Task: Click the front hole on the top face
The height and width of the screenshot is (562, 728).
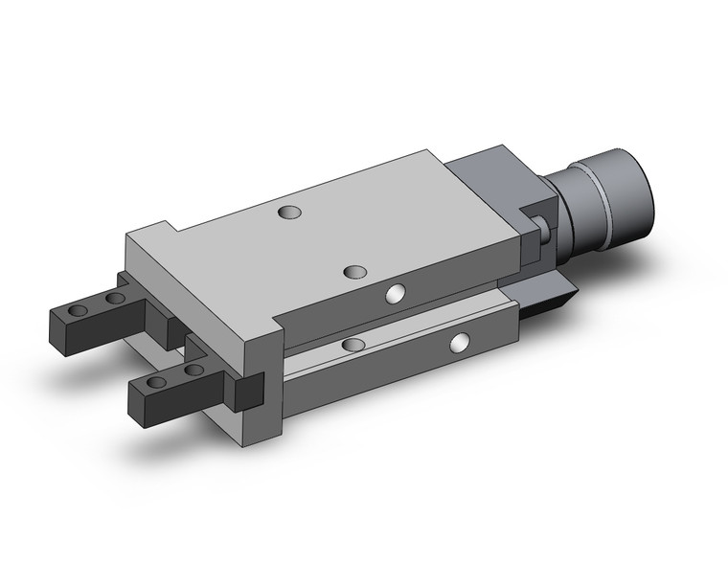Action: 356,272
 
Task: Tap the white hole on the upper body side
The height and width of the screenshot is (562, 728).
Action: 393,294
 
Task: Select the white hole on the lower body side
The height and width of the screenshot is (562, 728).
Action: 462,340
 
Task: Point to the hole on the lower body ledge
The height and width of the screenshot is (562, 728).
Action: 353,344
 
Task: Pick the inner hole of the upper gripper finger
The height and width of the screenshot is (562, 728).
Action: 115,299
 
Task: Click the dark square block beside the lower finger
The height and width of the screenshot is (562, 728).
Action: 248,392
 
